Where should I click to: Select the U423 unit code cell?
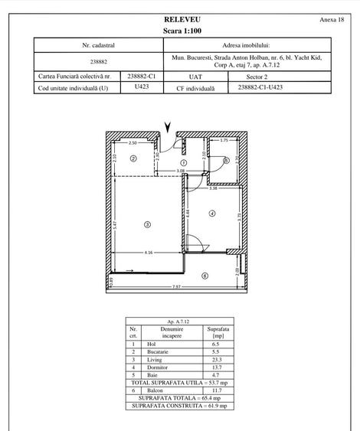coord(141,87)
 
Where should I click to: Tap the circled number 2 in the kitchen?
coord(133,158)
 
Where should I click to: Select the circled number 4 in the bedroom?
coord(211,214)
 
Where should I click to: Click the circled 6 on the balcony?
coord(205,276)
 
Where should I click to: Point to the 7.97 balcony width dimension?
coord(176,286)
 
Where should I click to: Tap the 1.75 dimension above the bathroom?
coord(224,142)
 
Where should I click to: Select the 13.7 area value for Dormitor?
coord(218,368)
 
